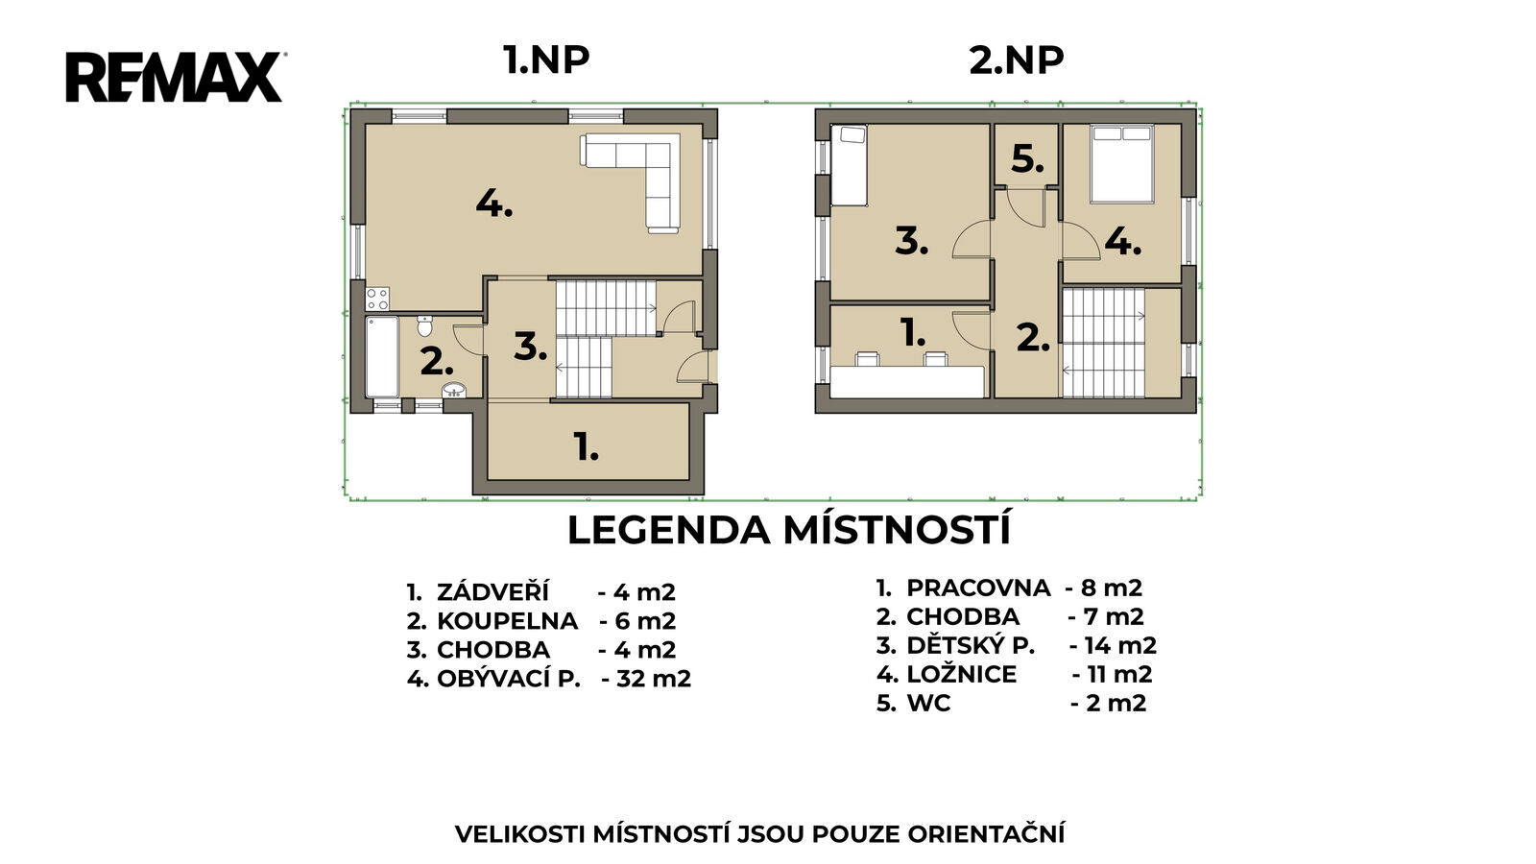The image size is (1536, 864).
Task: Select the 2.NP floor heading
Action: tap(1017, 60)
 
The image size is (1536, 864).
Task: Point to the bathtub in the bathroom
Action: tap(382, 356)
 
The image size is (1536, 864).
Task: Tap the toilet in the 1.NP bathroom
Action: tap(424, 326)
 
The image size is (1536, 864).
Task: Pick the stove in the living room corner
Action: tap(377, 299)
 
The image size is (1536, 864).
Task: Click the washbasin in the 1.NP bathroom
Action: tap(454, 391)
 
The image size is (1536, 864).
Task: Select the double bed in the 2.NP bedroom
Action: tap(1122, 164)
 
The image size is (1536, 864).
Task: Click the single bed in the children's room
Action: tap(849, 165)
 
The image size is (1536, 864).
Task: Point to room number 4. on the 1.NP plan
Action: tap(494, 204)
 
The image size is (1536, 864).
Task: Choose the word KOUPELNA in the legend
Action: tap(508, 620)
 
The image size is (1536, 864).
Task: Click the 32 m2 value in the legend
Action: tap(654, 678)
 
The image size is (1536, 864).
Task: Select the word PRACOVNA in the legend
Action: tap(978, 588)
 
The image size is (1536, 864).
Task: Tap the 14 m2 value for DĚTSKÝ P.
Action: tap(1120, 645)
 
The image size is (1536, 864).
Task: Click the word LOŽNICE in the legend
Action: tap(961, 674)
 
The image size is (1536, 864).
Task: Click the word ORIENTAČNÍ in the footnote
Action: tap(986, 834)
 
